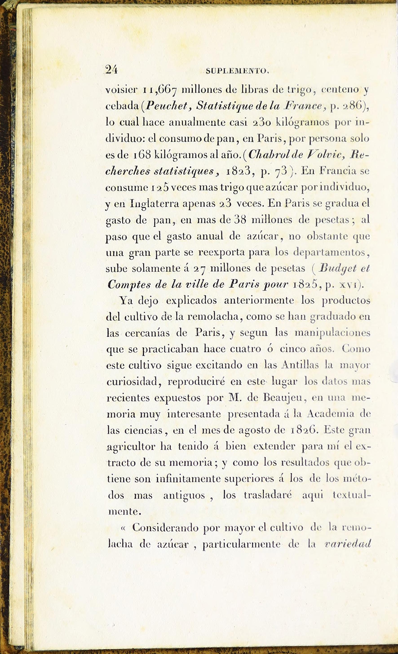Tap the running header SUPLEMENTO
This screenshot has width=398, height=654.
point(238,71)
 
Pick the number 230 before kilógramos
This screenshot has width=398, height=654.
point(262,122)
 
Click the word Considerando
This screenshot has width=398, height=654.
point(165,528)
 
